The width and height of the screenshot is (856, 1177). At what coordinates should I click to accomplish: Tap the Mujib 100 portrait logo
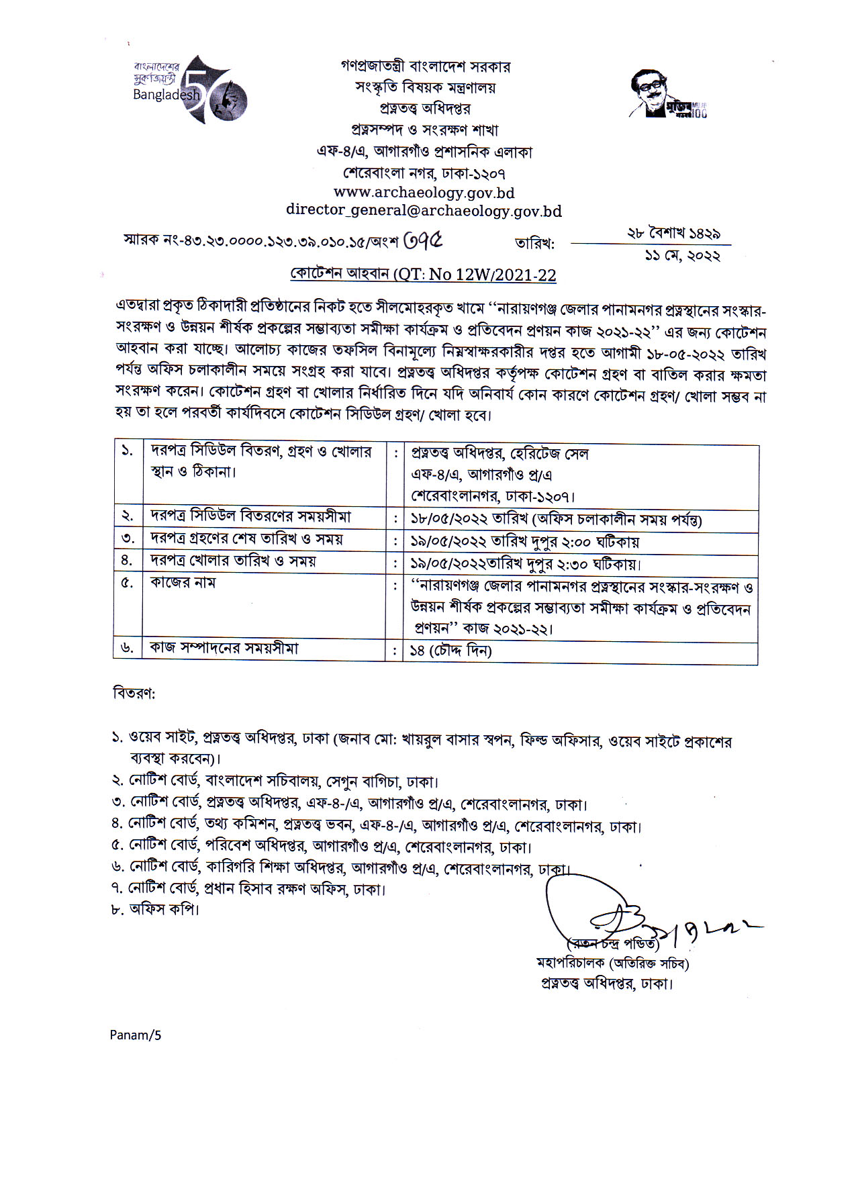point(667,94)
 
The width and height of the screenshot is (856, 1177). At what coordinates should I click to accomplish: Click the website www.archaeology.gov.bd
point(424,193)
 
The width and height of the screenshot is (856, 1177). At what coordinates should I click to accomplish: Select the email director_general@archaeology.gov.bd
point(424,210)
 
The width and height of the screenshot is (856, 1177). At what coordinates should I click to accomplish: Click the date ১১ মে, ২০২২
point(682,256)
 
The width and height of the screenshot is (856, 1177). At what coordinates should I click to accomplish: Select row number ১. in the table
point(127,451)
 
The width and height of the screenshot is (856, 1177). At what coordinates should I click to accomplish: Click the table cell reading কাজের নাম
point(183,582)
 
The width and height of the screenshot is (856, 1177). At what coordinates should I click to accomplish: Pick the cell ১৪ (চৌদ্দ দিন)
point(451,650)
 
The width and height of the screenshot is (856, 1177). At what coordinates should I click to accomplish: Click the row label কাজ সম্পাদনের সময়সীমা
point(224,648)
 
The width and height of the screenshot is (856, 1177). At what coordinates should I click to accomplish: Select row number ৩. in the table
point(128,538)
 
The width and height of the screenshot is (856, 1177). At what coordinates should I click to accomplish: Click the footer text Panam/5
point(136,1035)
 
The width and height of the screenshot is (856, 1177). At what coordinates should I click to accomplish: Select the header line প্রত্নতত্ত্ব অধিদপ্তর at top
point(424,109)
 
